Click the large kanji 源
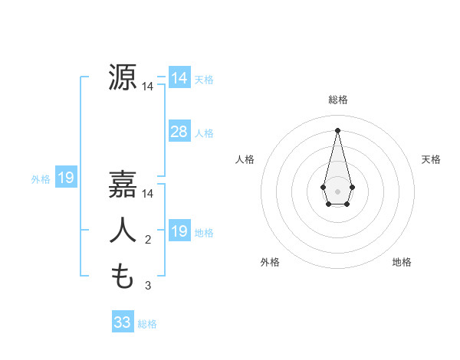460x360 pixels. click(123, 77)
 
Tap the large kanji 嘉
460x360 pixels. click(123, 185)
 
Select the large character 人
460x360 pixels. click(123, 231)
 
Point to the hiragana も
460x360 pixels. click(123, 277)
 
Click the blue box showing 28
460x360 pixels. click(179, 132)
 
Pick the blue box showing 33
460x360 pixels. click(122, 322)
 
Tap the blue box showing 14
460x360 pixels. click(179, 78)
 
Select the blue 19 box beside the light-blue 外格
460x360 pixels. click(66, 178)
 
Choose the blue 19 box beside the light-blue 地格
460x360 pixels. click(179, 231)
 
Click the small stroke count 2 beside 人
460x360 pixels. click(148, 241)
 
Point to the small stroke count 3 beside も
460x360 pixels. click(148, 286)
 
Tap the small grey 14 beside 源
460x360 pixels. click(148, 87)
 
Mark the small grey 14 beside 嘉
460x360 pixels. click(148, 195)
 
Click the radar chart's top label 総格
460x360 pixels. click(338, 100)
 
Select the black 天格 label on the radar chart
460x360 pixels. click(431, 159)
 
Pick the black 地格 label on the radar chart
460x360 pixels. click(402, 262)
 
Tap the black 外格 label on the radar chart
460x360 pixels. click(270, 262)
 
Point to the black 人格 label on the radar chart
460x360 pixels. click(245, 159)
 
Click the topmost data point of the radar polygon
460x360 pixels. click(337, 129)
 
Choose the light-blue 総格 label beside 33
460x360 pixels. click(147, 324)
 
